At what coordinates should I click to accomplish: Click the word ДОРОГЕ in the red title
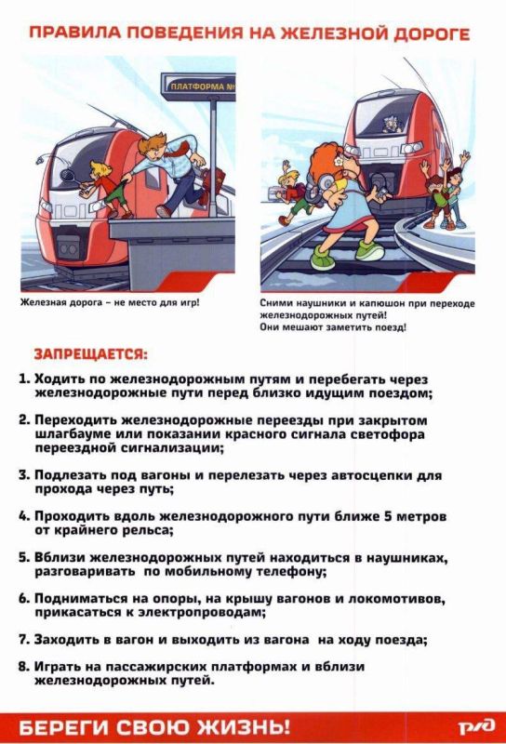433,33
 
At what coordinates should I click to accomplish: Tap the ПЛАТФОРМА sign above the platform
198,86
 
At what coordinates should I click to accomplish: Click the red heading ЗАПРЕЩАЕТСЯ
90,354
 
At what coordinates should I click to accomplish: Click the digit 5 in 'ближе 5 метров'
386,516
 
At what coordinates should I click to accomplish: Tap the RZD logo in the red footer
476,726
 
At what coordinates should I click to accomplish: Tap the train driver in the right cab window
393,124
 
